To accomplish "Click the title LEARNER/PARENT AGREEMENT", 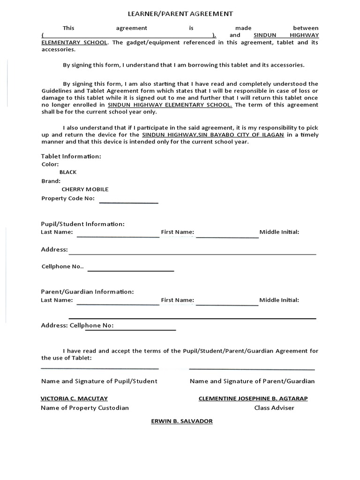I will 180,15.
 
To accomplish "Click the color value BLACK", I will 68,172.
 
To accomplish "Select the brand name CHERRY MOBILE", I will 85,189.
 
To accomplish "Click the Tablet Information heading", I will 71,156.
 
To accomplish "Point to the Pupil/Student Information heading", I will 82,224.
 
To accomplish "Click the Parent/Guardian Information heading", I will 87,292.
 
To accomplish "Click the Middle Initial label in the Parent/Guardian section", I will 279,300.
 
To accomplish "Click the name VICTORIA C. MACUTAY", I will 74,398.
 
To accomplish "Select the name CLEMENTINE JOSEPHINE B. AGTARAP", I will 253,398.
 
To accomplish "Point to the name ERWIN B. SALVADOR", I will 181,421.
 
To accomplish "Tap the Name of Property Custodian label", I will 84,408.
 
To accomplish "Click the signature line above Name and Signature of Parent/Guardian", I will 252,369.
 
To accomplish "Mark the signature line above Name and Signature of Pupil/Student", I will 99,368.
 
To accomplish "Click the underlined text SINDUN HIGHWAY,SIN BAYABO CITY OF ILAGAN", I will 213,135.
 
